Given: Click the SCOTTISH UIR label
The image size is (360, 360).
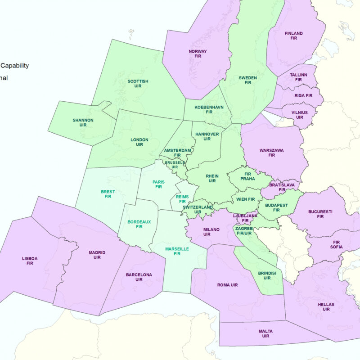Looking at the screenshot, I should click(138, 84).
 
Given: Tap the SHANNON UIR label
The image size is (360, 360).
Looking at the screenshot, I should click(83, 122).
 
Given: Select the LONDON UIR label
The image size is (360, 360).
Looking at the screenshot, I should click(139, 142).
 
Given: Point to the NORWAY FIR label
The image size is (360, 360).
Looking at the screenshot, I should click(198, 54).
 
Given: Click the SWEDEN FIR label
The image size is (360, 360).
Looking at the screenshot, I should click(247, 80).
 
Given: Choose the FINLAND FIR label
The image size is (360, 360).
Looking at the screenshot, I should click(293, 36).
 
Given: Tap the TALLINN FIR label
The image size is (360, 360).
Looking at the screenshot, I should click(298, 77).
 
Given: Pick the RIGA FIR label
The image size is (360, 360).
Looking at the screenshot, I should click(303, 95).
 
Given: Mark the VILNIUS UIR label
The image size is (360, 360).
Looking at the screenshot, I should click(299, 115).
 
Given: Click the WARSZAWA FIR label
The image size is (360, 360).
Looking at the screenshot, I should click(271, 153).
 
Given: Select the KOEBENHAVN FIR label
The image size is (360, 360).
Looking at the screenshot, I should click(209, 110).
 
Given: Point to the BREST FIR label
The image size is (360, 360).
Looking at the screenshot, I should click(108, 194).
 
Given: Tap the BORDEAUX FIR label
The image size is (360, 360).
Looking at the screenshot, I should click(139, 224).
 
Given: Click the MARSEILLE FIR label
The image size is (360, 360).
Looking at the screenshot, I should click(177, 251).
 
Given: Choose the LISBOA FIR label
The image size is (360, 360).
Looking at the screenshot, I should click(30, 261).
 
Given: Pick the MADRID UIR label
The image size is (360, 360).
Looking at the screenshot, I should click(97, 255).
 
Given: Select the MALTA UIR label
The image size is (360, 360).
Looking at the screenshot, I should click(265, 333).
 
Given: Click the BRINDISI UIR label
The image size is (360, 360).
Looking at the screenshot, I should click(267, 275).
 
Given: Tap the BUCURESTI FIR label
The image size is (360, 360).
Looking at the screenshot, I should click(320, 214).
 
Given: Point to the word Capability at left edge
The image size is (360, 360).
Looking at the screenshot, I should click(14, 66).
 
